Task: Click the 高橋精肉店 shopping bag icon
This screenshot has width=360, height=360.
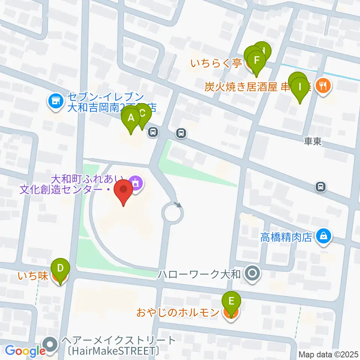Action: pos(323,236)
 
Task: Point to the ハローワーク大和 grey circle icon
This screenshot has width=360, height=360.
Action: pos(252,273)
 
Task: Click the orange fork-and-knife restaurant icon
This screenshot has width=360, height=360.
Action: pos(322,86)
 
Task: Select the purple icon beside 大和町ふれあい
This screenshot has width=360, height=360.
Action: pos(135,183)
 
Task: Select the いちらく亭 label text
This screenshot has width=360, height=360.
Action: pos(216,64)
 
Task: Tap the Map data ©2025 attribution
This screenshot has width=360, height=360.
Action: pos(328,354)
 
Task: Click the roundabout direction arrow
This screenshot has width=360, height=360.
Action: pos(178,205)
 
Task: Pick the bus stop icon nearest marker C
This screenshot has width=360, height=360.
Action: pos(152,132)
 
